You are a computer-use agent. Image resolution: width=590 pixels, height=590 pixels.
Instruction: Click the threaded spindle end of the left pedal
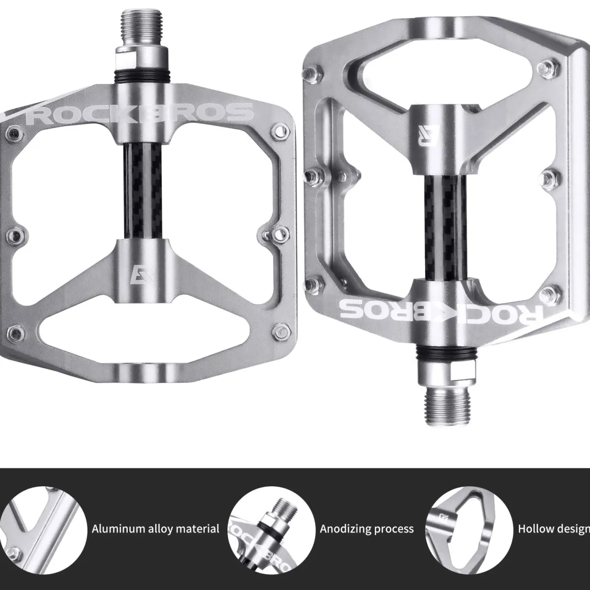tap(141, 27)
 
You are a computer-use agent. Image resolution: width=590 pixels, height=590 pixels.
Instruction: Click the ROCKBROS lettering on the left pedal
tap(140, 113)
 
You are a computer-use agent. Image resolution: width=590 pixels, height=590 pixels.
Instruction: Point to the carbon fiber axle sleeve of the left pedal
tap(143, 190)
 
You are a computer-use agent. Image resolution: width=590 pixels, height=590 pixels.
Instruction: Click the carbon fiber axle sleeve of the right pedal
tap(446, 228)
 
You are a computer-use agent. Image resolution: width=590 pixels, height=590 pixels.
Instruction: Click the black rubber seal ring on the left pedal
tap(141, 77)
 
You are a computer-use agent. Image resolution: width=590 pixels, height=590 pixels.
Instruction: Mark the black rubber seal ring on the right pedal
tap(446, 353)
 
